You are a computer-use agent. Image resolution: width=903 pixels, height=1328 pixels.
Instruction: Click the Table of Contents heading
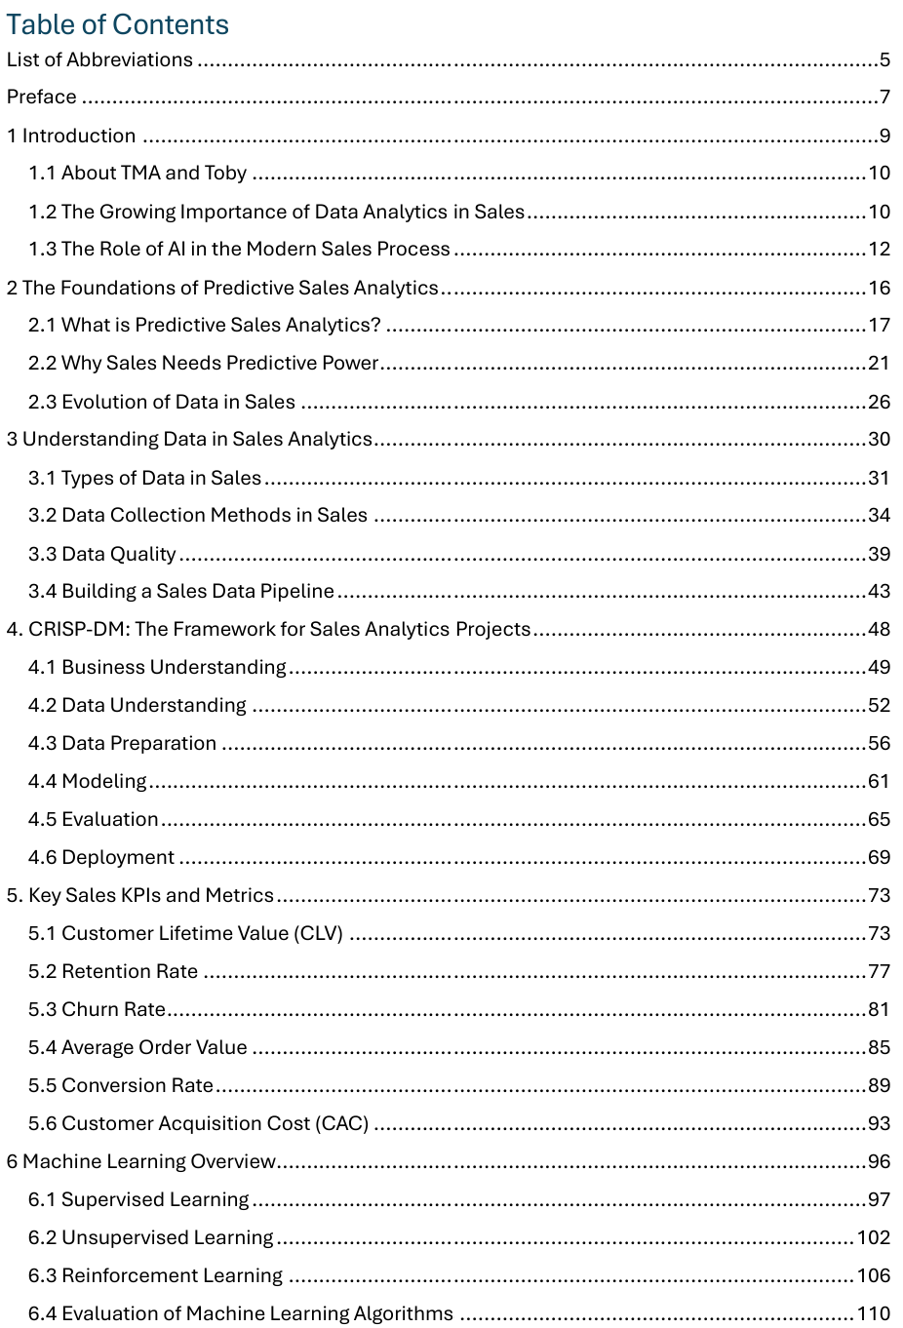pos(117,24)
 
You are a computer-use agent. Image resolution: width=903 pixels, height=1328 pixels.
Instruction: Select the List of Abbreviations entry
pos(99,59)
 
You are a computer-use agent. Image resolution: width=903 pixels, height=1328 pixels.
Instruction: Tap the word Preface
pos(41,97)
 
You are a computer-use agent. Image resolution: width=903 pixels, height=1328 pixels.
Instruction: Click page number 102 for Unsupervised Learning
pos(873,1237)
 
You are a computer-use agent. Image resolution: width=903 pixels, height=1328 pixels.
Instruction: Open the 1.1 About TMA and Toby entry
pos(137,173)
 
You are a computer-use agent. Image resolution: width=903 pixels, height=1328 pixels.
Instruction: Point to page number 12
pos(879,249)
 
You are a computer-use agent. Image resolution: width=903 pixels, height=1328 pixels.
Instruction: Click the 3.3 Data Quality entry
pos(102,554)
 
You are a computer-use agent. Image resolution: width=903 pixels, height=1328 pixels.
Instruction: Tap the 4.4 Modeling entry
pos(88,781)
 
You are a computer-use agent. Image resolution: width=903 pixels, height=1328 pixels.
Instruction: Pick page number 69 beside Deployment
pos(879,857)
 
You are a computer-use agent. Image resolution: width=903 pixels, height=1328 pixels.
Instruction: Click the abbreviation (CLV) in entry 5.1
pos(318,933)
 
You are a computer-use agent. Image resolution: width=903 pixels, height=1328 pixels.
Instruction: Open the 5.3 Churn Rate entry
pos(98,1009)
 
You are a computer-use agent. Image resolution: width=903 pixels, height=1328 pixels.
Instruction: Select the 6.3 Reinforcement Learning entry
pos(156,1275)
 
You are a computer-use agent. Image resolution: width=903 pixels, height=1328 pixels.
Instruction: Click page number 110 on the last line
pos(873,1313)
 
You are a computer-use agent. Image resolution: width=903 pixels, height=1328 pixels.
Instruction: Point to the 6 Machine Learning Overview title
pos(141,1161)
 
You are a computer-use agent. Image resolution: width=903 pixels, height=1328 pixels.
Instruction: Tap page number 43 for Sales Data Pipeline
pos(879,591)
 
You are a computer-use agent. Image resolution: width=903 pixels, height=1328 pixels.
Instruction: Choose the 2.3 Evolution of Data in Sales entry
pos(162,402)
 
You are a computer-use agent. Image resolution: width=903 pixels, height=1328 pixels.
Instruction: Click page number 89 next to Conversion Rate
pos(879,1085)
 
